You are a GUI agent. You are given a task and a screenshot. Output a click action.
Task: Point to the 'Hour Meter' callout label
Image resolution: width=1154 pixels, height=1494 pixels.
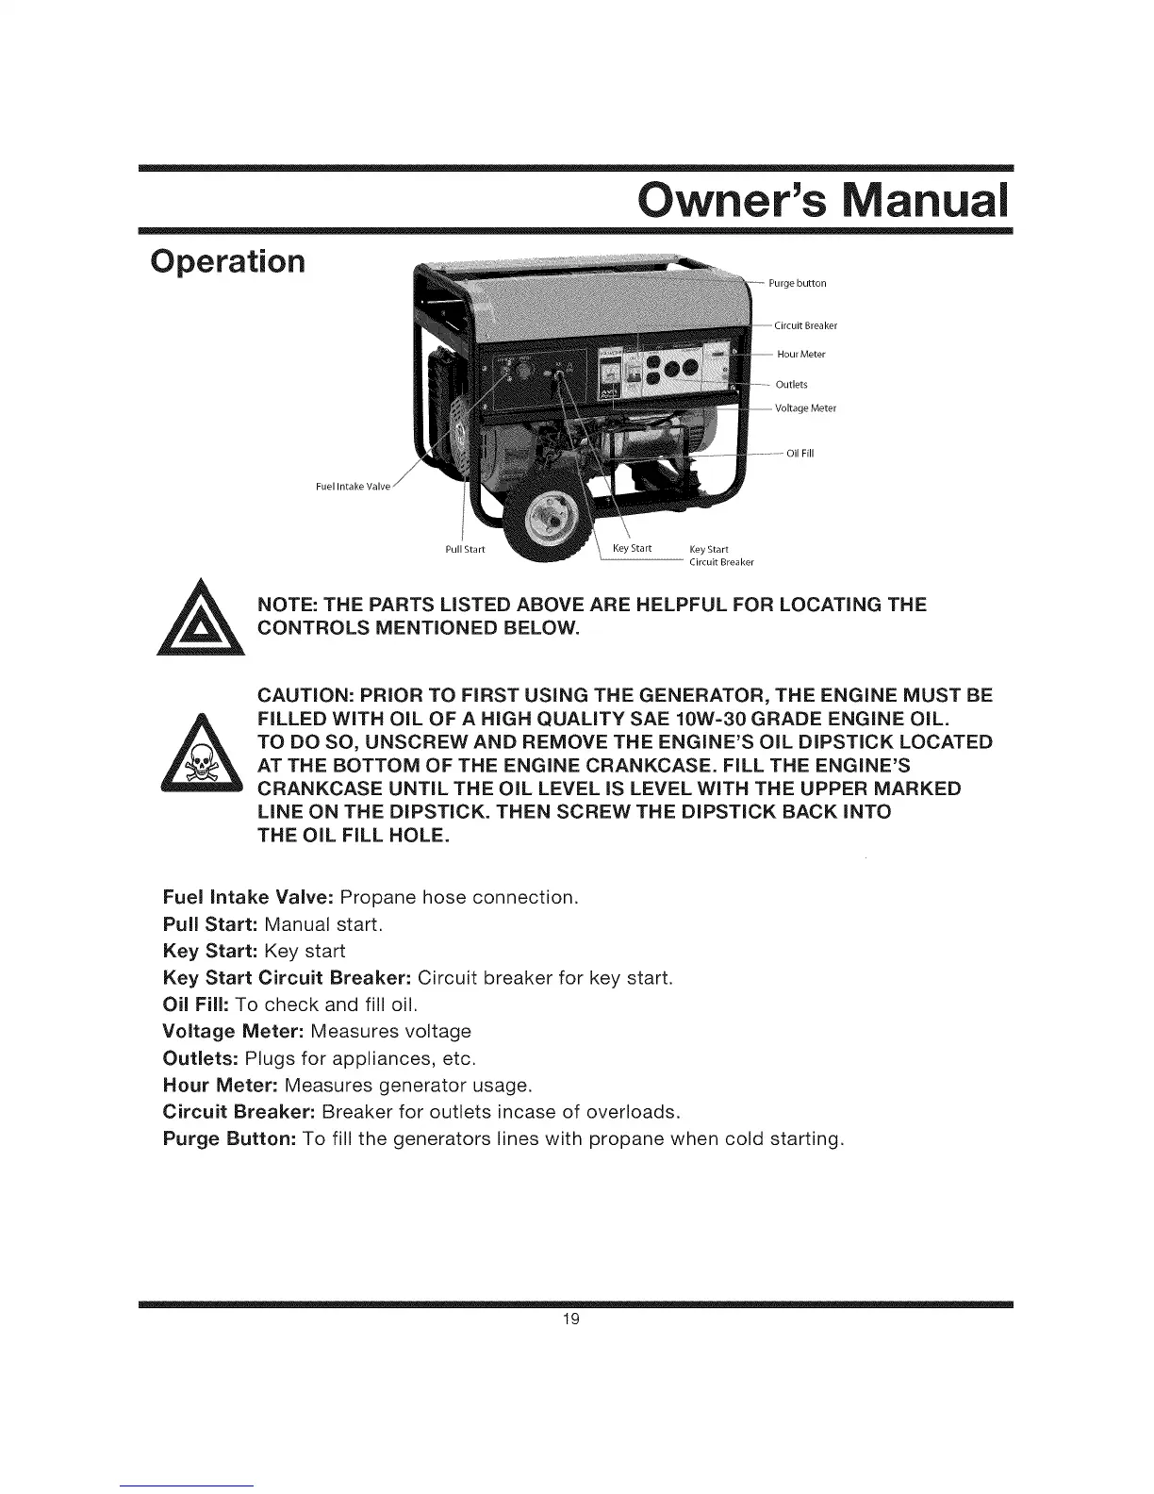pyautogui.click(x=800, y=355)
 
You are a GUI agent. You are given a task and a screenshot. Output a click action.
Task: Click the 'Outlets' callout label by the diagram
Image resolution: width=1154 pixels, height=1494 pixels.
pyautogui.click(x=791, y=384)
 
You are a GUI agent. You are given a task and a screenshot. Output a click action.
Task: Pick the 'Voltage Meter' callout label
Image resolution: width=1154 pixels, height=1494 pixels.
pyautogui.click(x=805, y=408)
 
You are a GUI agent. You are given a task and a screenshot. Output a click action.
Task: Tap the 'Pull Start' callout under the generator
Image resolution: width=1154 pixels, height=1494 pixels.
pyautogui.click(x=464, y=549)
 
